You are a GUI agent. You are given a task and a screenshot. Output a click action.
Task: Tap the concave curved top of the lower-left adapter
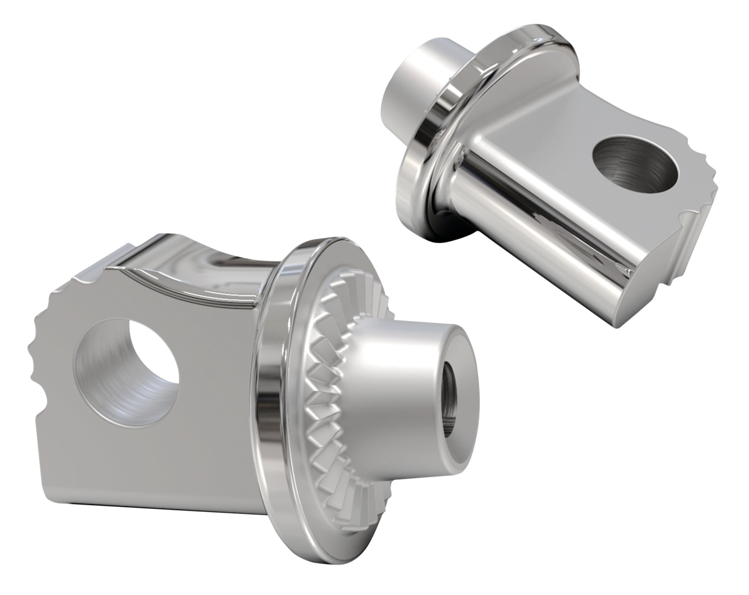click(205, 260)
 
